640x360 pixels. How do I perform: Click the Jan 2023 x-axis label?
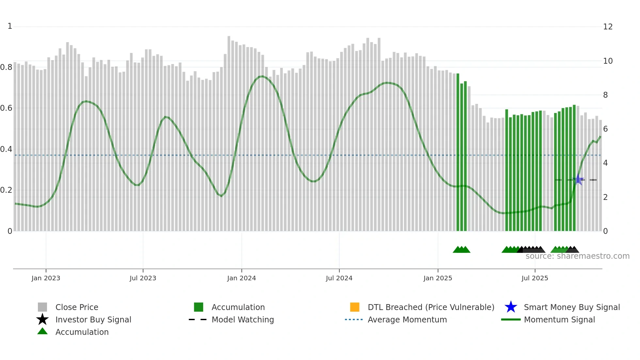(x=46, y=278)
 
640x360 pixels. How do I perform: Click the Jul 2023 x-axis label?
(x=143, y=278)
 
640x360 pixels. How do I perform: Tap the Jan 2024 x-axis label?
(x=241, y=278)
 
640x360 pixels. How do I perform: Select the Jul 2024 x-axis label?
(x=339, y=278)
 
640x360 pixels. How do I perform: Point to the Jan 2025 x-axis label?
(x=438, y=278)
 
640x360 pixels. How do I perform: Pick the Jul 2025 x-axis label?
(x=535, y=278)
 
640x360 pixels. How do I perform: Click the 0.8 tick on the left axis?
(x=7, y=67)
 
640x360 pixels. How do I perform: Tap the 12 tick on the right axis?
(x=608, y=27)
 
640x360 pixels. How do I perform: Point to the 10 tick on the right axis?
(x=608, y=61)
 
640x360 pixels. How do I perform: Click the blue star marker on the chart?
(x=578, y=179)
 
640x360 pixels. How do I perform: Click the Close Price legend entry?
(x=77, y=307)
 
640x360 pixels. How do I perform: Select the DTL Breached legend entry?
(x=431, y=307)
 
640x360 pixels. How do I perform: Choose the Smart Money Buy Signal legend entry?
(x=571, y=307)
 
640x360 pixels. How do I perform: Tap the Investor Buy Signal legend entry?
(x=93, y=319)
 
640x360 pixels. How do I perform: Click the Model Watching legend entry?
(x=243, y=319)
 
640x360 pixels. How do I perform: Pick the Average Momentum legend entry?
(x=407, y=319)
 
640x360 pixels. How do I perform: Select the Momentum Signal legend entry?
(x=559, y=319)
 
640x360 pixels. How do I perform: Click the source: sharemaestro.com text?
(x=577, y=256)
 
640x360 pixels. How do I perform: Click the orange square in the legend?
(x=355, y=307)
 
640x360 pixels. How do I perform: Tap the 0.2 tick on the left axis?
(x=7, y=190)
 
